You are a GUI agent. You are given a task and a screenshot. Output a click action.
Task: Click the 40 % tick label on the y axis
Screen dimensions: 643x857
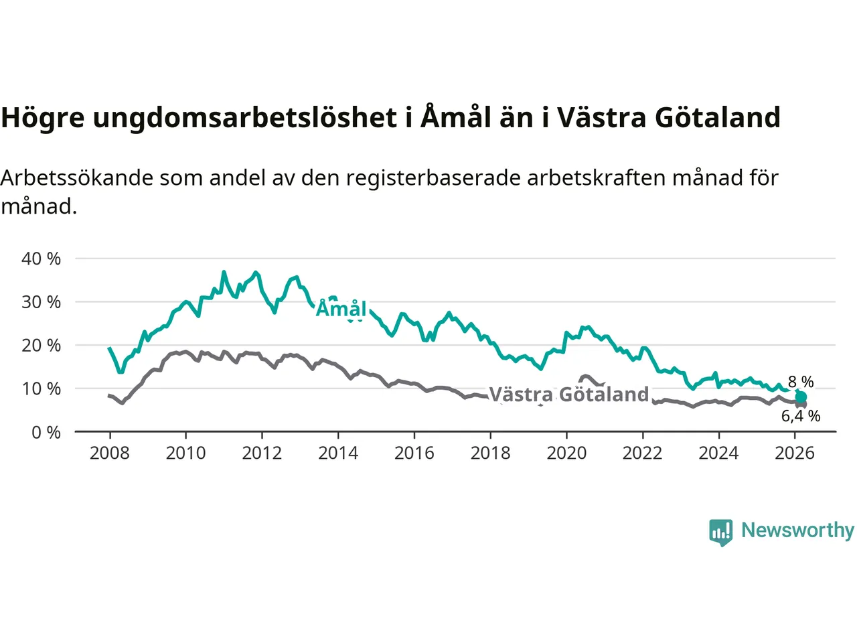pyautogui.click(x=41, y=259)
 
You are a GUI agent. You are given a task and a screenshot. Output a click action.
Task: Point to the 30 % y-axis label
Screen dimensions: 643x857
pyautogui.click(x=41, y=302)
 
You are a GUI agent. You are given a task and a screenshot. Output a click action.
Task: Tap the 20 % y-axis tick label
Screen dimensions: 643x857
pyautogui.click(x=41, y=346)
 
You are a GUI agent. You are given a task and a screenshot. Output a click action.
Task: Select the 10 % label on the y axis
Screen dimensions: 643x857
pyautogui.click(x=41, y=388)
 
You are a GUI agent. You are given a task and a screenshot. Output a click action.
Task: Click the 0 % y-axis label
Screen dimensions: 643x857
pyautogui.click(x=46, y=432)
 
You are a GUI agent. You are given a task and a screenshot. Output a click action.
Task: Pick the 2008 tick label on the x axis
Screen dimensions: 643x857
pyautogui.click(x=109, y=453)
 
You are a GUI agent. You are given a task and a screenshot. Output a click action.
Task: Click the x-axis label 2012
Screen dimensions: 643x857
pyautogui.click(x=262, y=453)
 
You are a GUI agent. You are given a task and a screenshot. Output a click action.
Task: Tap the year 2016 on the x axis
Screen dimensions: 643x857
pyautogui.click(x=414, y=453)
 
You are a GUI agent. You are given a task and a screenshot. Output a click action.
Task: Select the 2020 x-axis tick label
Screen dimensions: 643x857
pyautogui.click(x=566, y=453)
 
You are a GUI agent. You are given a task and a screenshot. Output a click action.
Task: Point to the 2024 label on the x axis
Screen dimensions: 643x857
pyautogui.click(x=718, y=453)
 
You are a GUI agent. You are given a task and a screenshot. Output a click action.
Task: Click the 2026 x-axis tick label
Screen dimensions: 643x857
pyautogui.click(x=795, y=453)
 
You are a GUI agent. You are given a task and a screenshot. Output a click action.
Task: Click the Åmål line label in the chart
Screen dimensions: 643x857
pyautogui.click(x=341, y=309)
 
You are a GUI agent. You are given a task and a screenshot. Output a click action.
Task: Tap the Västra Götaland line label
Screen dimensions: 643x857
pyautogui.click(x=569, y=394)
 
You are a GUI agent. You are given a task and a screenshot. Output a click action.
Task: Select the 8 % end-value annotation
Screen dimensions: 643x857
pyautogui.click(x=801, y=382)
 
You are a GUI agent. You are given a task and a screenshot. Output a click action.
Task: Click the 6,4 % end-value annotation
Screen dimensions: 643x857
pyautogui.click(x=801, y=416)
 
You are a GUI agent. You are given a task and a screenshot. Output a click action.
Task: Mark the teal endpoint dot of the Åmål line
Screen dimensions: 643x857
pyautogui.click(x=801, y=397)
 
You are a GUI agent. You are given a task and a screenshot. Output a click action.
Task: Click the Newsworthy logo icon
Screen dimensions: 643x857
pyautogui.click(x=721, y=532)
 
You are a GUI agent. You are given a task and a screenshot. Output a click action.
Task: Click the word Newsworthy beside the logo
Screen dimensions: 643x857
pyautogui.click(x=797, y=530)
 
